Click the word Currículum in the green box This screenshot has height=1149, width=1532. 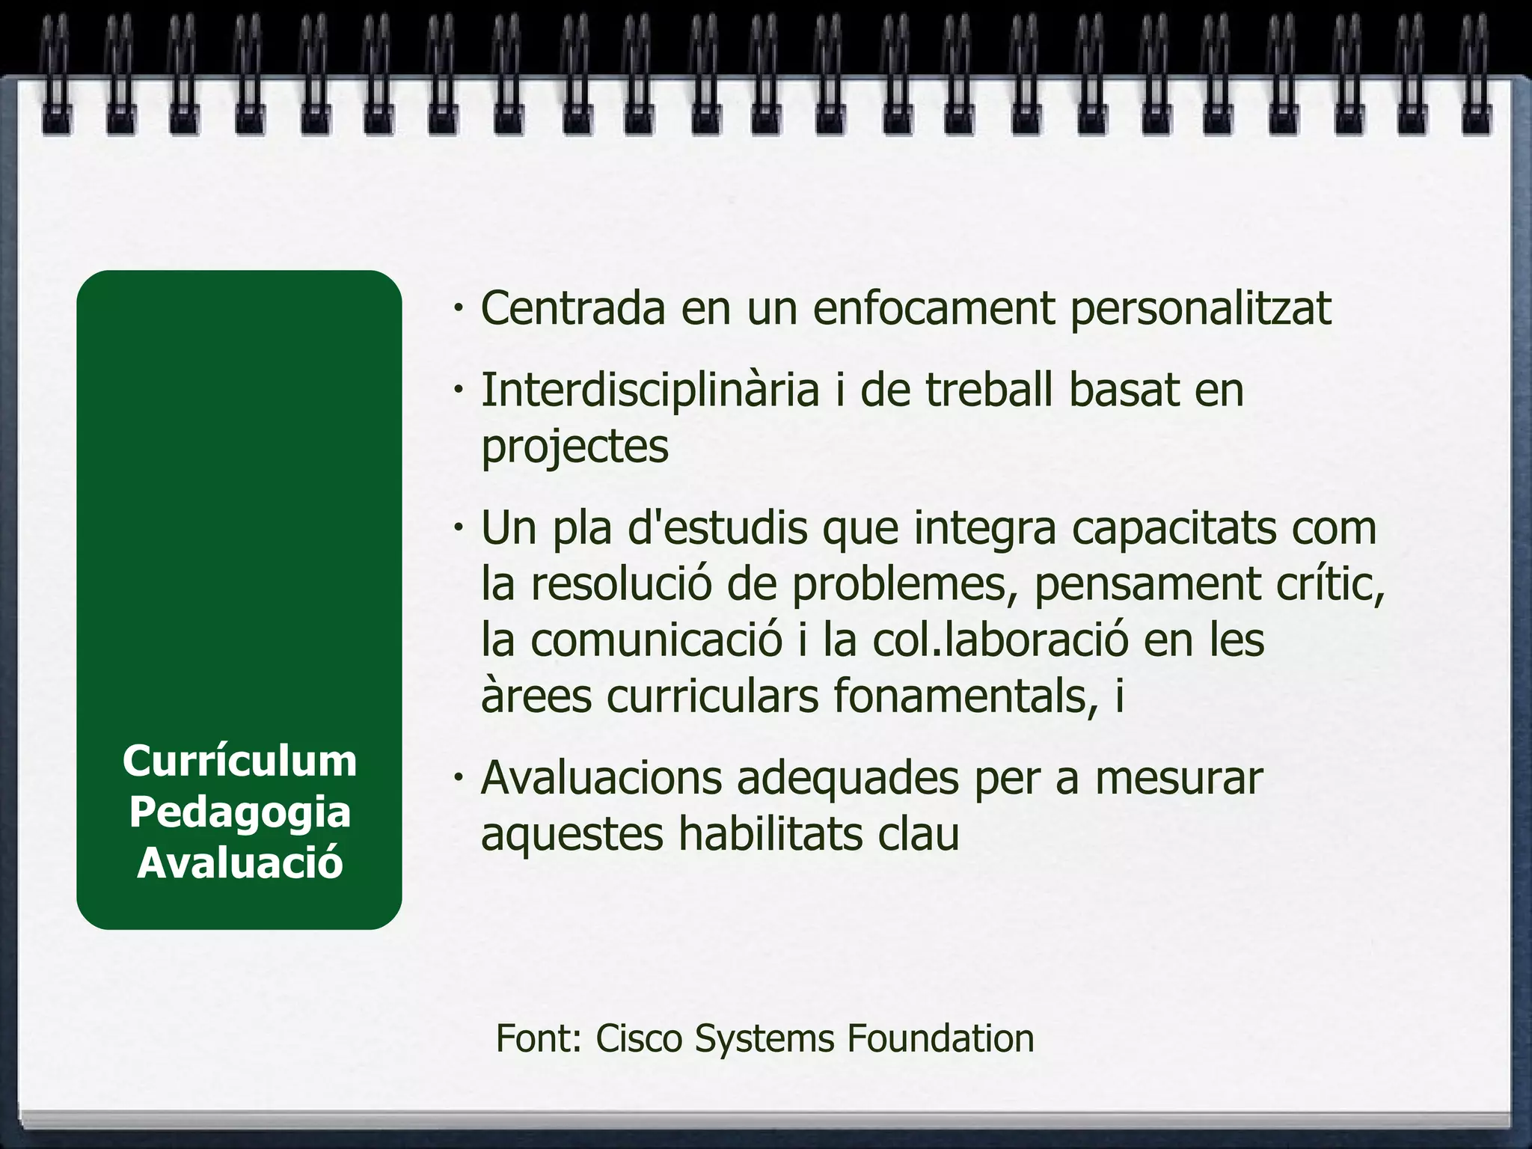pos(239,762)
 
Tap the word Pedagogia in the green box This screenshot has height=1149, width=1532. pos(239,813)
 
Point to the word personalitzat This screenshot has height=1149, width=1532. pos(1201,309)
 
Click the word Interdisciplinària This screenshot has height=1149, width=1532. pos(650,391)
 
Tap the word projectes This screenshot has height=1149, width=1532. pos(574,447)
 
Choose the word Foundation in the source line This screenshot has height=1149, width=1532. pos(940,1038)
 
